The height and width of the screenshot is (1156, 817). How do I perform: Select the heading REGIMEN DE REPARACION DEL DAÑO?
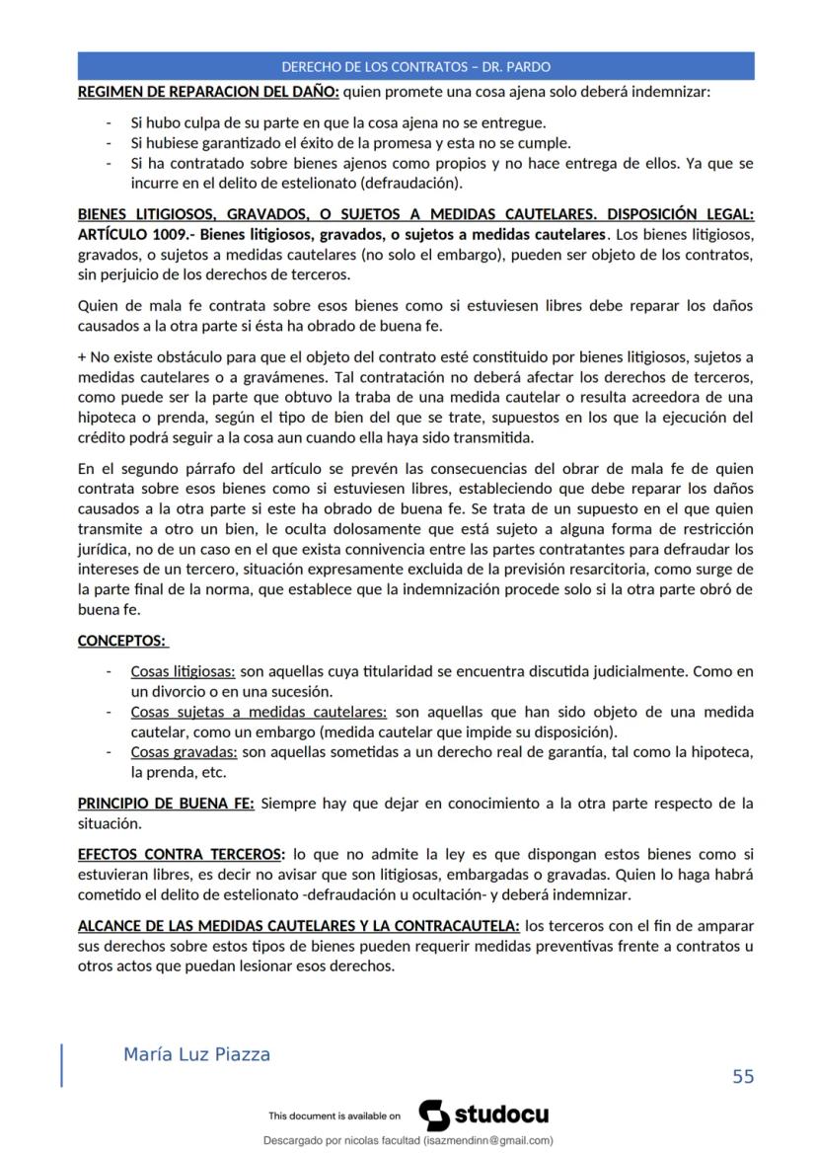208,93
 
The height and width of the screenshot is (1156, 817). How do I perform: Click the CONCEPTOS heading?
121,641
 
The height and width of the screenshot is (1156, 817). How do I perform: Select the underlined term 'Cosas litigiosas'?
183,672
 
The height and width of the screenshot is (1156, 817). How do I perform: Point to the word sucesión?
303,691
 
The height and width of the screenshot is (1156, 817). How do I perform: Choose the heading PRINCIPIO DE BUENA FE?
166,804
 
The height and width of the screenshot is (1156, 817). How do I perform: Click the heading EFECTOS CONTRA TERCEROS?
182,854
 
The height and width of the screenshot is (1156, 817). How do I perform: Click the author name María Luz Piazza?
196,1054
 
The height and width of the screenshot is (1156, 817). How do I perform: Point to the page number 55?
742,1076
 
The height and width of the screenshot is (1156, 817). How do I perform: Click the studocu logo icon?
434,1116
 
